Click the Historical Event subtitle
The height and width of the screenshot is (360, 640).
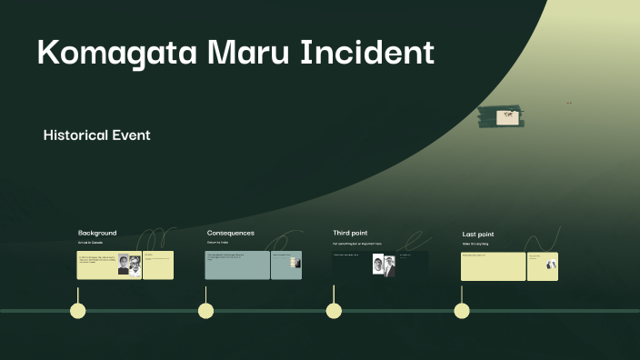[96, 135]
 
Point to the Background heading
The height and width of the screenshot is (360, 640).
[97, 233]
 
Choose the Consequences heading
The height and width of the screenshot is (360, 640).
[230, 233]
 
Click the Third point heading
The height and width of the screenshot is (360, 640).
[350, 233]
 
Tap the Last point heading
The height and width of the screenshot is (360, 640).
[478, 235]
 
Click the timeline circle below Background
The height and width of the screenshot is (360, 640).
[78, 311]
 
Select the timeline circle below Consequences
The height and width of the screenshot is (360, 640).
[206, 311]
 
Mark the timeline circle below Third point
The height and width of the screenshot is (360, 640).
[334, 311]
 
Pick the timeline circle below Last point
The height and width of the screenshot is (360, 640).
[462, 311]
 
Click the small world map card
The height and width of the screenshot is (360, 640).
[506, 115]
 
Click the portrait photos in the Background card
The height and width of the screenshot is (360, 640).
[129, 265]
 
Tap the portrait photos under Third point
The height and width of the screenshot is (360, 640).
[384, 265]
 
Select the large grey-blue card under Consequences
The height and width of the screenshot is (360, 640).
[237, 265]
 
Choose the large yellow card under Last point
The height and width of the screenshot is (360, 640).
[493, 266]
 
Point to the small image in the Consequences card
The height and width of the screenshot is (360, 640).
[295, 263]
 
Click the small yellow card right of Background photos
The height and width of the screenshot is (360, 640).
[158, 265]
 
